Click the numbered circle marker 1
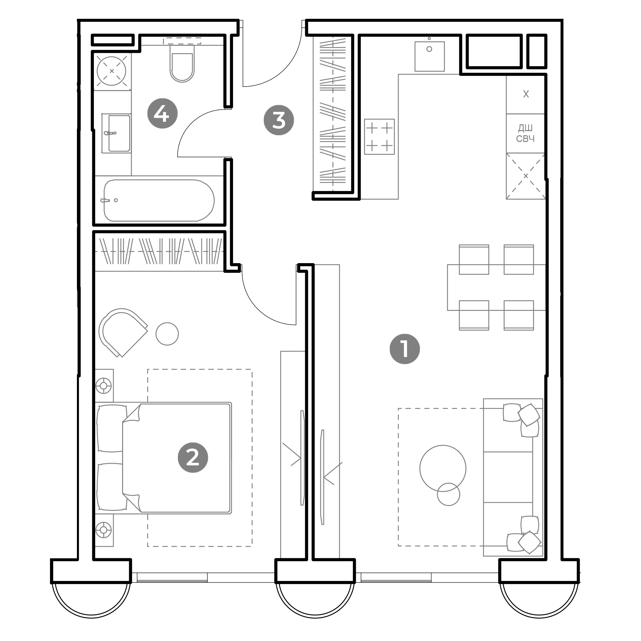pyautogui.click(x=404, y=349)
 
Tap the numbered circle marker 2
pyautogui.click(x=193, y=458)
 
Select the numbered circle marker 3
pyautogui.click(x=279, y=120)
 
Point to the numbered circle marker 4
pyautogui.click(x=162, y=113)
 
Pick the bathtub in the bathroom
pyautogui.click(x=159, y=200)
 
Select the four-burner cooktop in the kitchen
pyautogui.click(x=379, y=137)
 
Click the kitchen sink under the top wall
pyautogui.click(x=429, y=56)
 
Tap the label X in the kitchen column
pyautogui.click(x=526, y=94)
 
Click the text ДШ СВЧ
pyautogui.click(x=525, y=133)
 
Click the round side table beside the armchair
pyautogui.click(x=167, y=334)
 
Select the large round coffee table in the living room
pyautogui.click(x=443, y=468)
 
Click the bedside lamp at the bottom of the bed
pyautogui.click(x=104, y=530)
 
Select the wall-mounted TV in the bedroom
pyautogui.click(x=302, y=458)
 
